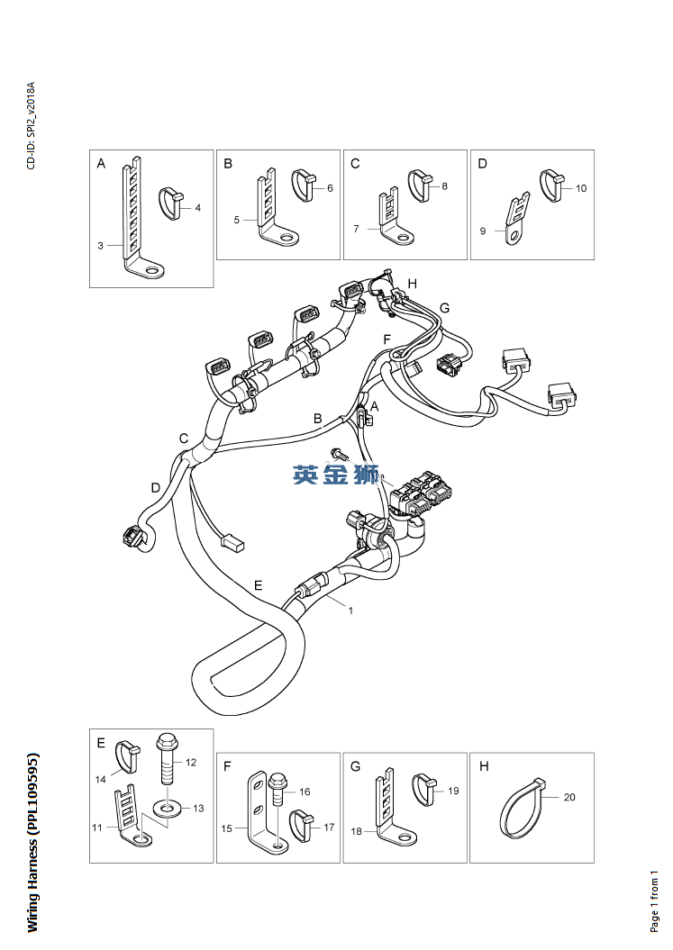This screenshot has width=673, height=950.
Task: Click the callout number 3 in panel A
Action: pyautogui.click(x=101, y=245)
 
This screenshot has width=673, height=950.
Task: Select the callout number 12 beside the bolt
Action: pyautogui.click(x=191, y=762)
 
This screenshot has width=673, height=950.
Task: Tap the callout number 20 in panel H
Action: pyautogui.click(x=569, y=797)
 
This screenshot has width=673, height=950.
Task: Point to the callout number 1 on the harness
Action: pyautogui.click(x=350, y=611)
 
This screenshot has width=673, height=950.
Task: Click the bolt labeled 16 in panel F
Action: pyautogui.click(x=277, y=789)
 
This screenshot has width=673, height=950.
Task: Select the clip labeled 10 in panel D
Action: pyautogui.click(x=551, y=185)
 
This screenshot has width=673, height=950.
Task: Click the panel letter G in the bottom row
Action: pyautogui.click(x=355, y=766)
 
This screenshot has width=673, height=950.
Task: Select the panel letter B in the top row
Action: pyautogui.click(x=228, y=164)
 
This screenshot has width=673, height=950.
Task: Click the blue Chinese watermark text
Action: pyautogui.click(x=336, y=475)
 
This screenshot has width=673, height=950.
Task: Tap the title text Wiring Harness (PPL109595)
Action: pyautogui.click(x=32, y=843)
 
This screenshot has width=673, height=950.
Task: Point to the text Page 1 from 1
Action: pyautogui.click(x=653, y=901)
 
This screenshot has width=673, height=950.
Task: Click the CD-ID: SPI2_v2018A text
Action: pyautogui.click(x=32, y=125)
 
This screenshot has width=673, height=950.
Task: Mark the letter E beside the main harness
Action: pyautogui.click(x=259, y=585)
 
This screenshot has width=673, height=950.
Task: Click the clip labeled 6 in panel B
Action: pyautogui.click(x=304, y=185)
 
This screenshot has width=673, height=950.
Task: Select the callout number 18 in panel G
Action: pyautogui.click(x=356, y=831)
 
